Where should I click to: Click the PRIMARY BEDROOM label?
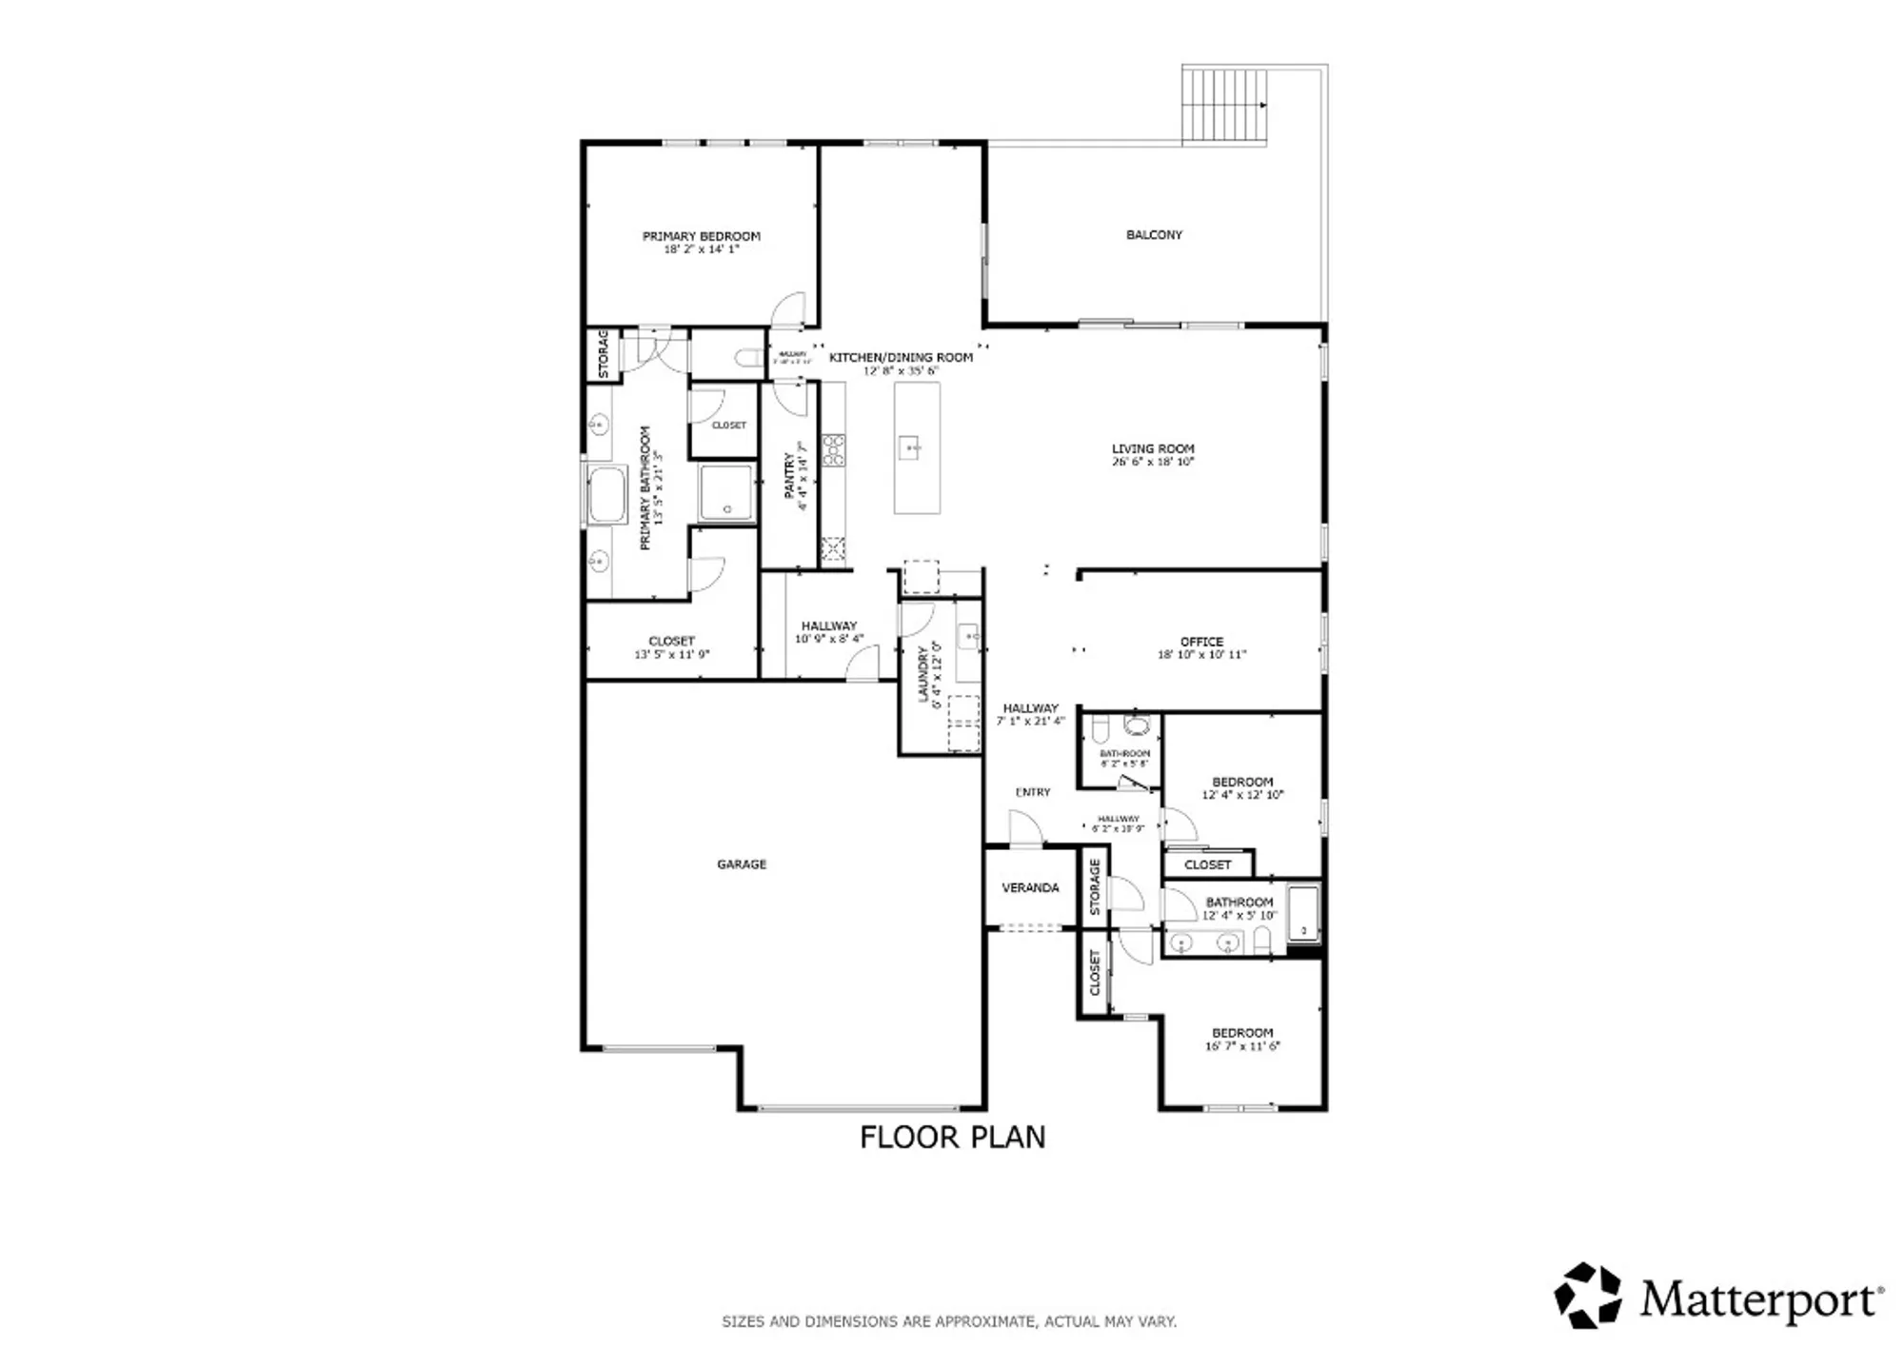pyautogui.click(x=701, y=236)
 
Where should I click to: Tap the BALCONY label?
pyautogui.click(x=1154, y=234)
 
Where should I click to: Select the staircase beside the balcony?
pyautogui.click(x=1225, y=104)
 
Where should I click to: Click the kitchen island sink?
pyautogui.click(x=910, y=446)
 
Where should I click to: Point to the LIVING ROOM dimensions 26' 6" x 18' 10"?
pyautogui.click(x=1152, y=462)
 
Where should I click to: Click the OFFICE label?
pyautogui.click(x=1201, y=642)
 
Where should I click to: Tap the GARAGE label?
pyautogui.click(x=742, y=864)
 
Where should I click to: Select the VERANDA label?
pyautogui.click(x=1030, y=887)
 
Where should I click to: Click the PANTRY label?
pyautogui.click(x=789, y=475)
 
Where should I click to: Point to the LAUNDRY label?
pyautogui.click(x=922, y=674)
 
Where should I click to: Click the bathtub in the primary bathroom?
pyautogui.click(x=606, y=495)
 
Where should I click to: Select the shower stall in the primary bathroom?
pyautogui.click(x=727, y=492)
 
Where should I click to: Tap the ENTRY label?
pyautogui.click(x=1033, y=792)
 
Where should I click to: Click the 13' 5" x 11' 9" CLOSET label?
pyautogui.click(x=671, y=647)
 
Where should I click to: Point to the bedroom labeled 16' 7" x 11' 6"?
pyautogui.click(x=1242, y=1039)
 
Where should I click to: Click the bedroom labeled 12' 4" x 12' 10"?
pyautogui.click(x=1242, y=787)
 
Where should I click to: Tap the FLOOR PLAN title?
pyautogui.click(x=952, y=1137)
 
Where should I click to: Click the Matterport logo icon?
pyautogui.click(x=1588, y=1295)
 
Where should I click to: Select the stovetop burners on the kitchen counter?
pyautogui.click(x=833, y=449)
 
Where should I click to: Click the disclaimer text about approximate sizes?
pyautogui.click(x=949, y=1321)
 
